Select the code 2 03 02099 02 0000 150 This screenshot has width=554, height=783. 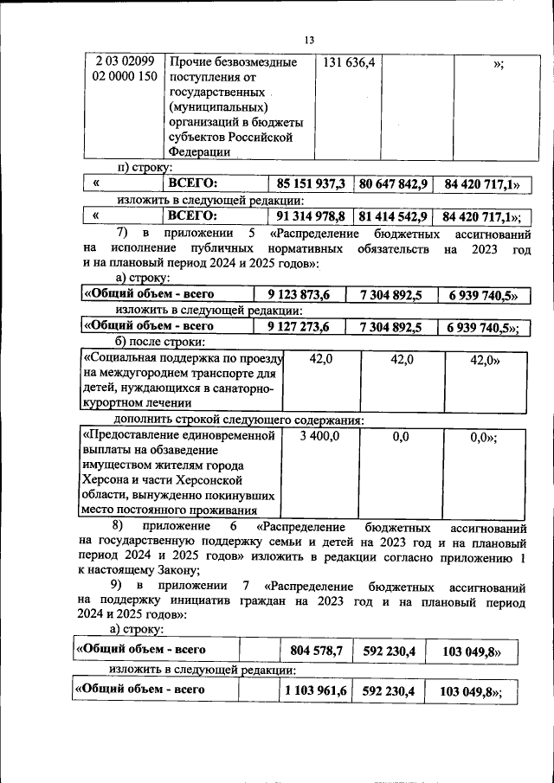pyautogui.click(x=124, y=69)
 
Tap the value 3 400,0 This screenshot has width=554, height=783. pyautogui.click(x=319, y=438)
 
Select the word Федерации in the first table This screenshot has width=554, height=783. pyautogui.click(x=200, y=152)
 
